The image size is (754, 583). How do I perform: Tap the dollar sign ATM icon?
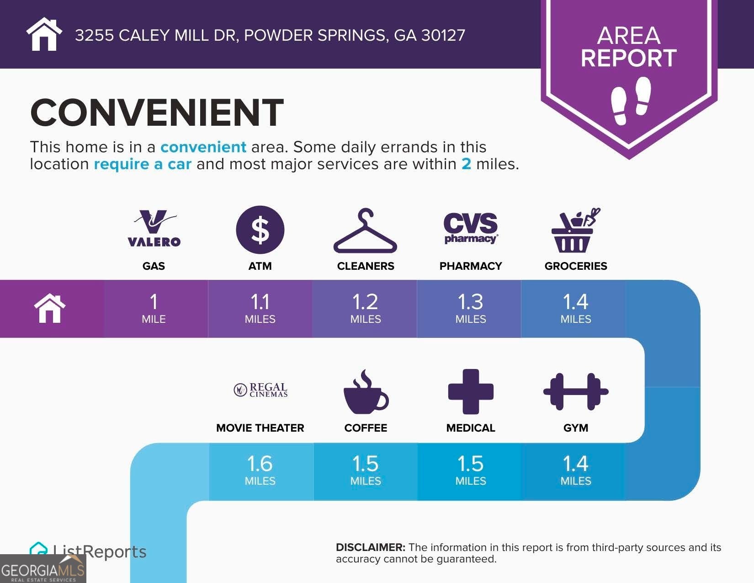(x=260, y=230)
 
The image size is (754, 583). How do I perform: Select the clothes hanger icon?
(x=365, y=230)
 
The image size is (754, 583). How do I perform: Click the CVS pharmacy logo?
(x=471, y=228)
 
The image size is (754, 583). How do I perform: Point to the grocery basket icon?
(x=575, y=230)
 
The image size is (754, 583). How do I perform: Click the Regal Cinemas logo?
(x=260, y=390)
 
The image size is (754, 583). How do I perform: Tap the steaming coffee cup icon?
(x=366, y=391)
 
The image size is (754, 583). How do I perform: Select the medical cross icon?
(x=471, y=391)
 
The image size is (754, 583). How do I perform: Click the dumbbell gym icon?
(x=576, y=391)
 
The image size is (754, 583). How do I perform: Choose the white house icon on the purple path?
(x=50, y=308)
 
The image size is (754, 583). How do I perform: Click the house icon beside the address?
(x=44, y=34)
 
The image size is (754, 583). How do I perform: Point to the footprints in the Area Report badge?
(x=631, y=101)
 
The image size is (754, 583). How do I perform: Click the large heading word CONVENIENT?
(x=157, y=112)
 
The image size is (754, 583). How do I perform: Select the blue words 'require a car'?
(x=143, y=164)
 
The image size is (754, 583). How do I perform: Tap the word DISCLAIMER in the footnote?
(x=371, y=547)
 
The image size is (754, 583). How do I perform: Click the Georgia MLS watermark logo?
(x=43, y=569)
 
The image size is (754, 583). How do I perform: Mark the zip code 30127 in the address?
(x=443, y=35)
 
